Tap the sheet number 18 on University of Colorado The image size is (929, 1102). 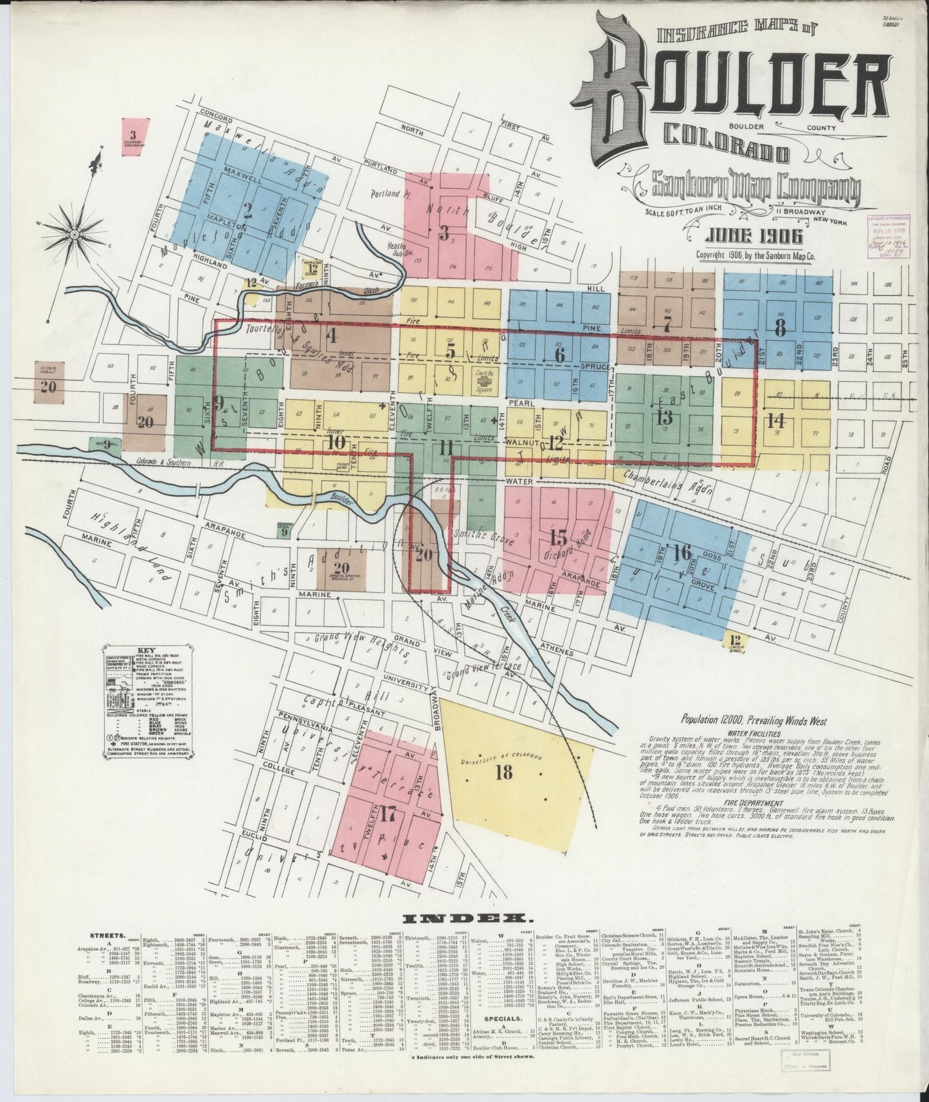504,772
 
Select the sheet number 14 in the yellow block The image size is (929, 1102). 776,421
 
